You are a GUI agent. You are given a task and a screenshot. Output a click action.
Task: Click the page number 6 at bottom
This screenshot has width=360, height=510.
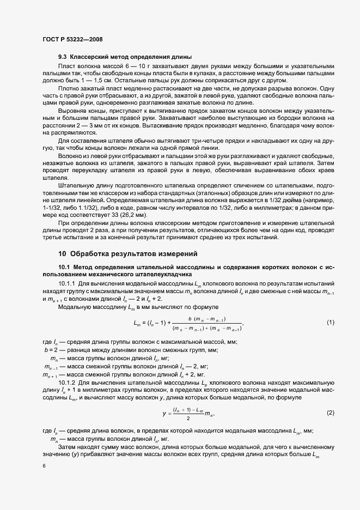pyautogui.click(x=44, y=466)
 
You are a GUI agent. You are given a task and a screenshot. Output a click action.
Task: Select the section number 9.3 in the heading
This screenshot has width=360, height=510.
pyautogui.click(x=63, y=57)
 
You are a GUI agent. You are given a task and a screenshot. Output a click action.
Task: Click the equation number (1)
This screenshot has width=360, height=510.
pyautogui.click(x=330, y=323)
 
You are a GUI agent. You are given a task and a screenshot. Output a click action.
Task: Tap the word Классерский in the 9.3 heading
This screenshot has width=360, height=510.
pyautogui.click(x=90, y=57)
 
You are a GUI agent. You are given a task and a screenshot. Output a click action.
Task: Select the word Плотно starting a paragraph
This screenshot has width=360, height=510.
pyautogui.click(x=69, y=88)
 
